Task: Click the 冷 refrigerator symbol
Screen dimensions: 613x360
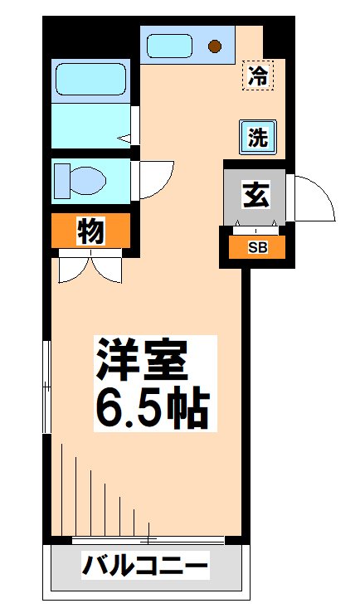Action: point(260,76)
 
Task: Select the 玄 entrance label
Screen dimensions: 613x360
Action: point(255,197)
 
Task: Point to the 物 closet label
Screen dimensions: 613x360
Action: point(90,231)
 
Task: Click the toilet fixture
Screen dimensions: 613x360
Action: point(80,178)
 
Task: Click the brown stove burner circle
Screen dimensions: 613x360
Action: point(215,46)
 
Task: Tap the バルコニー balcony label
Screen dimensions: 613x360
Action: point(146,568)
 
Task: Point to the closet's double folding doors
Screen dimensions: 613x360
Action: point(90,268)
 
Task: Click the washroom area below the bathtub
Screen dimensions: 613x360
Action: point(90,124)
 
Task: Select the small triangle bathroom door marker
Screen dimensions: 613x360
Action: point(124,139)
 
